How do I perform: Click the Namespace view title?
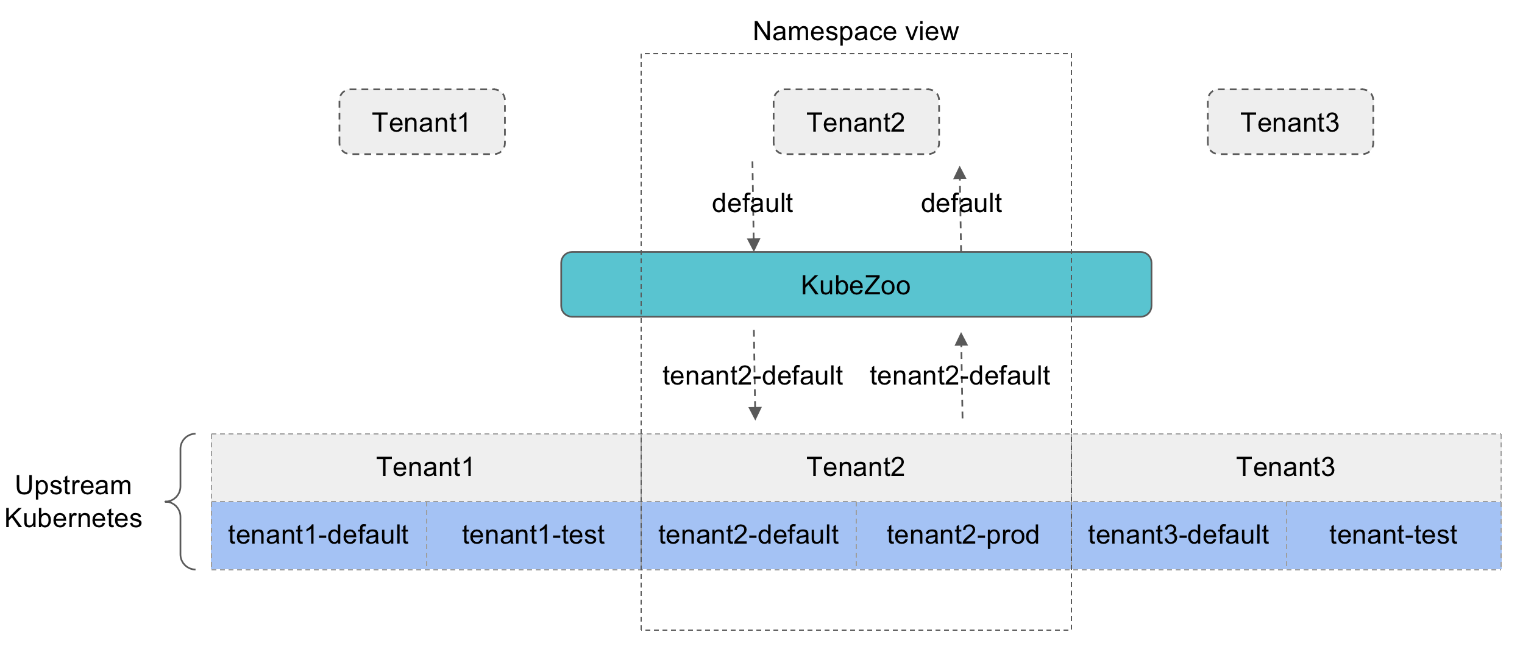tap(855, 32)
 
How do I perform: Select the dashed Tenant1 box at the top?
tap(422, 122)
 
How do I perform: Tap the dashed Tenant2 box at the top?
tap(856, 122)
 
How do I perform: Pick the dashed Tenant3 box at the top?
tap(1290, 122)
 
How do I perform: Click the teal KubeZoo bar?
tap(856, 285)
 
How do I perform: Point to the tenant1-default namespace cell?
tap(318, 535)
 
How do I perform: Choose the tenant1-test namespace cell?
tap(533, 535)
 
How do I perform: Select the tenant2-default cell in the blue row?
tap(748, 535)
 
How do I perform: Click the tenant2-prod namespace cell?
tap(963, 535)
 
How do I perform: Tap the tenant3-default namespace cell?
tap(1178, 535)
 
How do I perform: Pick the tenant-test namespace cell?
tap(1393, 535)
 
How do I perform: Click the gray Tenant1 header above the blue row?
tap(425, 467)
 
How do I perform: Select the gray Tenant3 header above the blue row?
tap(1285, 467)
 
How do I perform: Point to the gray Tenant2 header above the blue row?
tap(856, 467)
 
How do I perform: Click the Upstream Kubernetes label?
tap(73, 502)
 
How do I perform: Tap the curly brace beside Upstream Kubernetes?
tap(180, 502)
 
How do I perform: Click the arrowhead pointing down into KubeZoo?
tap(753, 245)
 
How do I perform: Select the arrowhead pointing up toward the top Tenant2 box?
tap(960, 172)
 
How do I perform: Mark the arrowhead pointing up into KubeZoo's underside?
tap(961, 339)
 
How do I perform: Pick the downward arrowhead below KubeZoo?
tap(755, 414)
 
